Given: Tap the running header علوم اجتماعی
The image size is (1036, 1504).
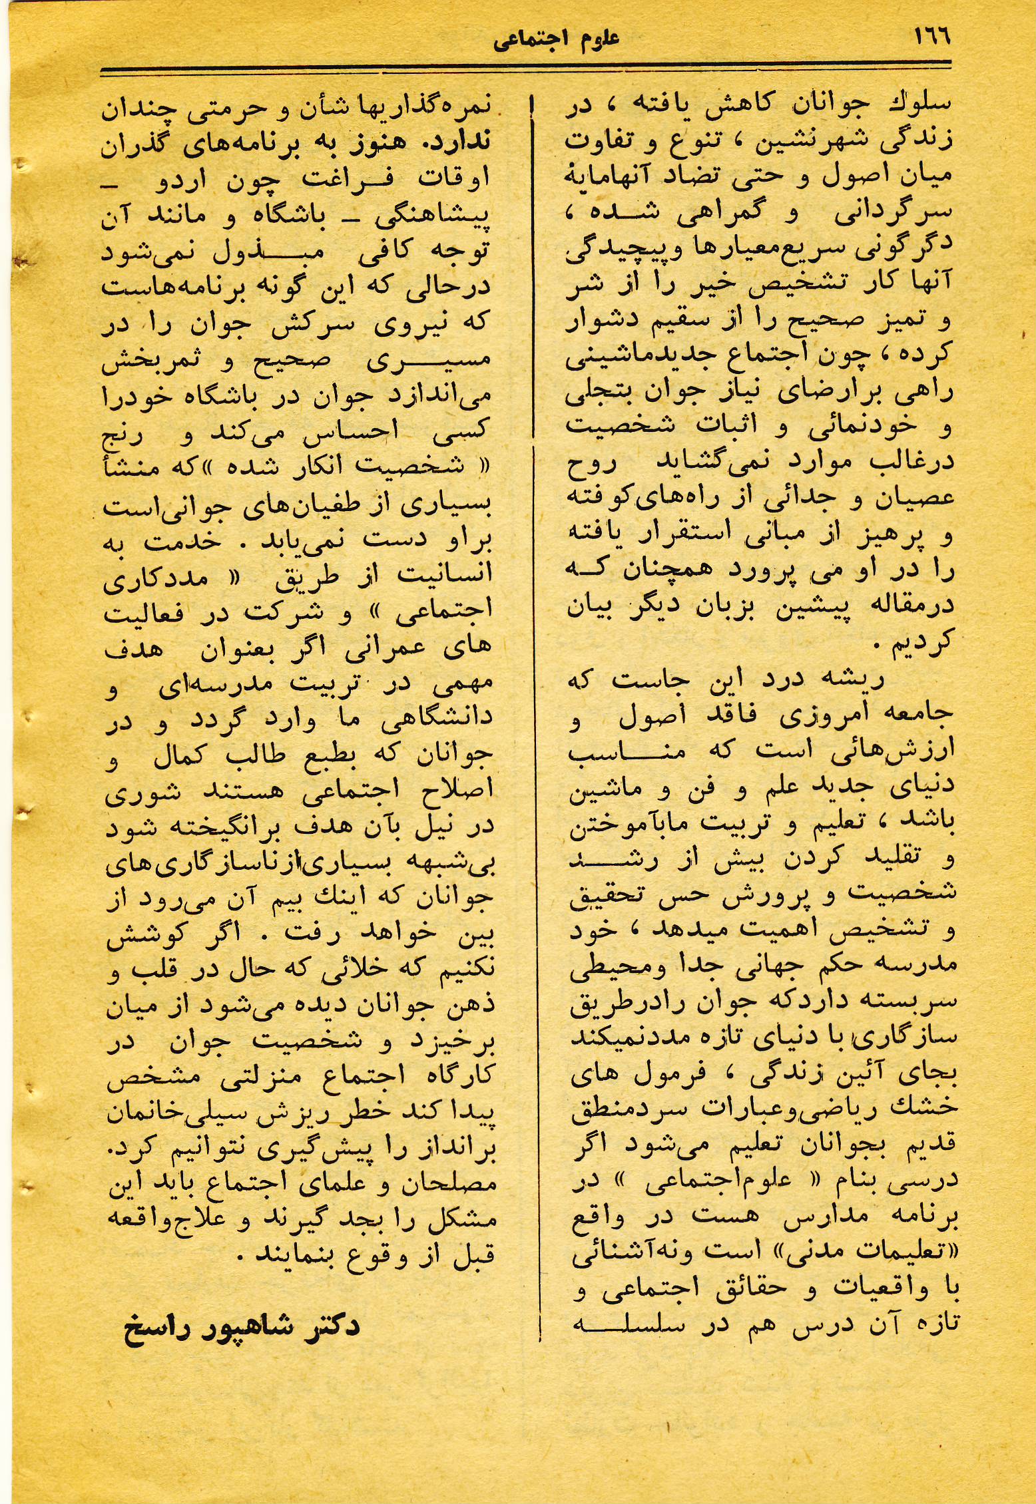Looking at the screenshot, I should [x=556, y=39].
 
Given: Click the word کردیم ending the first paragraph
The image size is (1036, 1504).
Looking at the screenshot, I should [x=921, y=642].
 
